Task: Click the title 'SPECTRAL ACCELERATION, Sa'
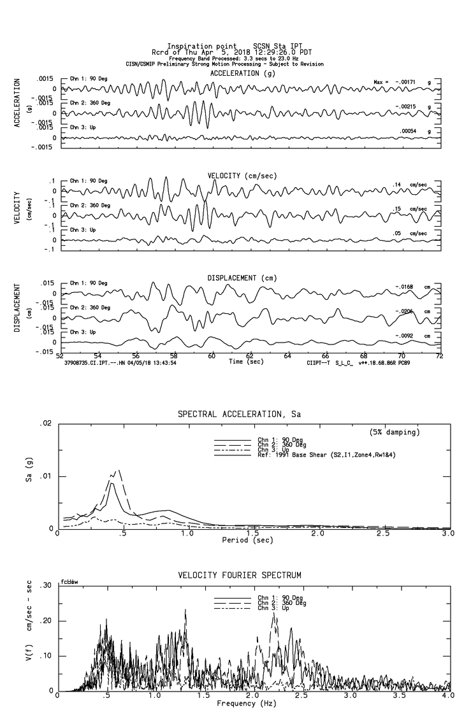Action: pyautogui.click(x=239, y=415)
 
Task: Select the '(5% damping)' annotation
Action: pyautogui.click(x=395, y=432)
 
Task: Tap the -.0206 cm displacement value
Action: pyautogui.click(x=405, y=312)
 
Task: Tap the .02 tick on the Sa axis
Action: pyautogui.click(x=46, y=424)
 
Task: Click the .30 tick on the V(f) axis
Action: pyautogui.click(x=46, y=586)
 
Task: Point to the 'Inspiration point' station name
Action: pyautogui.click(x=192, y=46)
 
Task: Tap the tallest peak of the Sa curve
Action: pyautogui.click(x=117, y=471)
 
